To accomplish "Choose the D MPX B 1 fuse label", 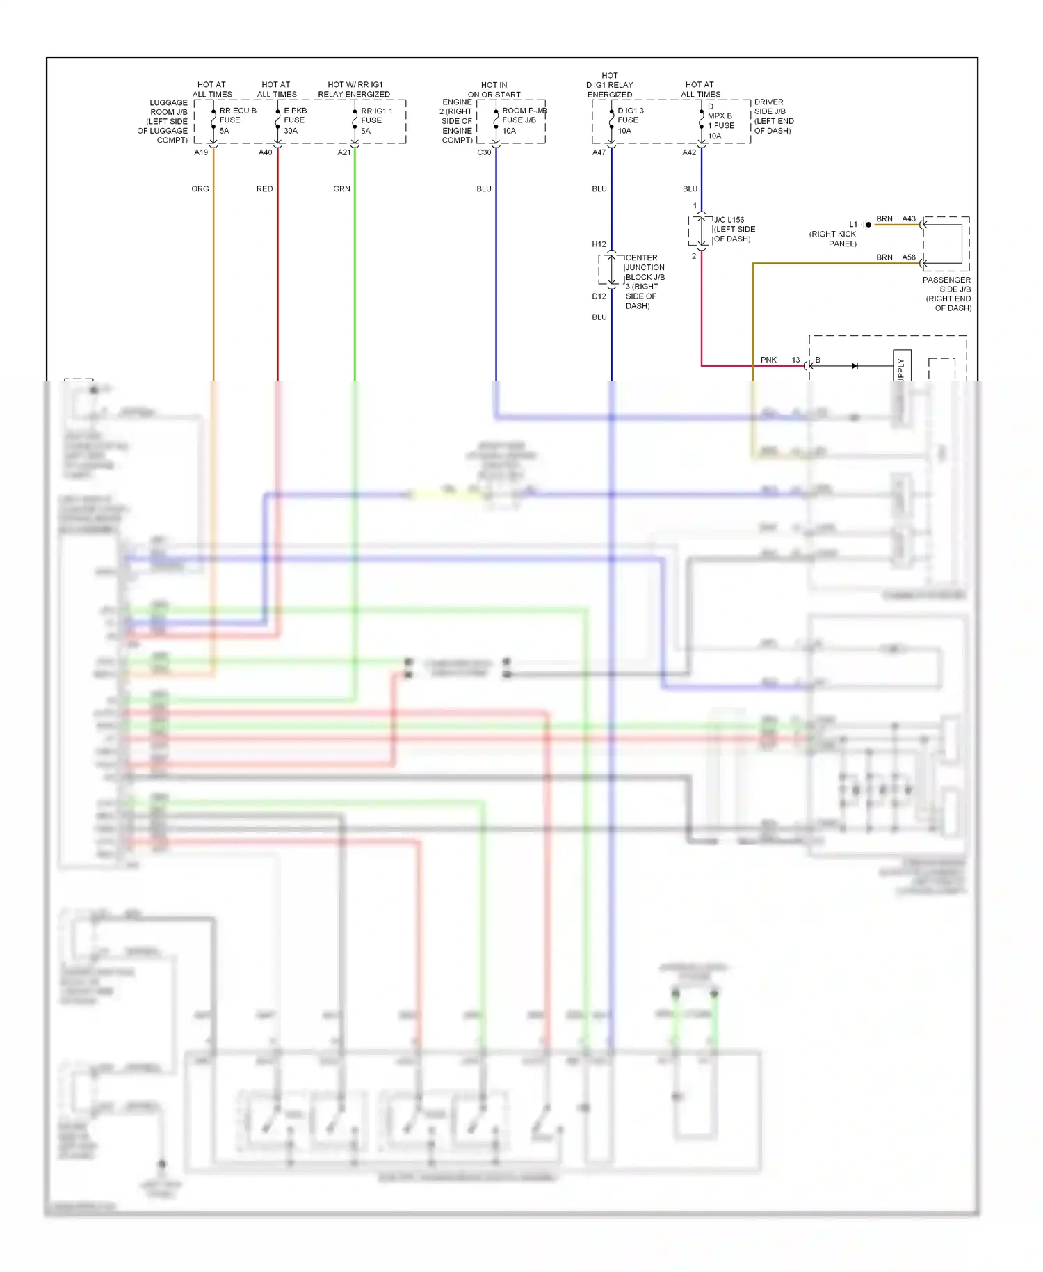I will coord(720,121).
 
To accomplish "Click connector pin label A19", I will coord(201,152).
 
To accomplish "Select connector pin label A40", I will coord(266,152).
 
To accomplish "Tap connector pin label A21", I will coord(344,152).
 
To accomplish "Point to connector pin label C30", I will coord(484,152).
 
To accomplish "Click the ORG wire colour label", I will coord(200,189).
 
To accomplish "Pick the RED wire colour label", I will coord(264,189).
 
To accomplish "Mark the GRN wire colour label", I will coord(341,189).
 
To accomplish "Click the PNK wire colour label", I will coord(768,360).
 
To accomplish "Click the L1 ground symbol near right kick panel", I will coord(866,225).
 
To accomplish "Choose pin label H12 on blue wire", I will coord(599,244).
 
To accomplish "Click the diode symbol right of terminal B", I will coord(855,366).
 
